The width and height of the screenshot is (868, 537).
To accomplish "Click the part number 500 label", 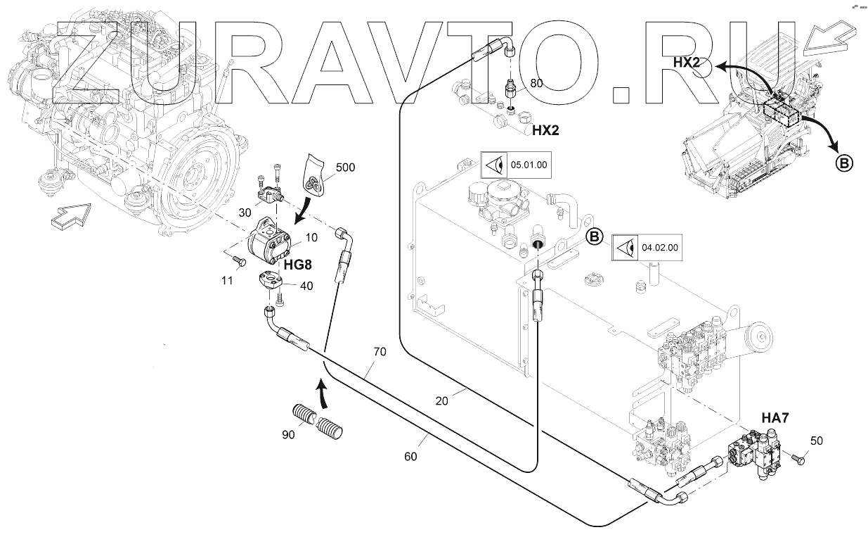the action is click(x=345, y=168).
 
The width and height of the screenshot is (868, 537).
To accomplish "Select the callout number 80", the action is click(x=536, y=84).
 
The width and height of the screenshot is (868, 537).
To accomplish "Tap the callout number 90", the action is click(x=288, y=435).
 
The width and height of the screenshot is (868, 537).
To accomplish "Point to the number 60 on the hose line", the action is click(x=410, y=457).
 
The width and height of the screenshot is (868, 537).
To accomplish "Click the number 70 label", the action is click(x=380, y=351).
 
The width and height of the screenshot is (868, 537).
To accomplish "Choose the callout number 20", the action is click(x=442, y=401).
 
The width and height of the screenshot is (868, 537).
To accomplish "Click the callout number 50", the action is click(x=817, y=441).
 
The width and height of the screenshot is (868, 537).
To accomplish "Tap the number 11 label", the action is click(x=227, y=280).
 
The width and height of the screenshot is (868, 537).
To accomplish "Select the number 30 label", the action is click(x=245, y=213).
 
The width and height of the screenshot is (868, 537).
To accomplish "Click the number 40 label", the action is click(x=306, y=286).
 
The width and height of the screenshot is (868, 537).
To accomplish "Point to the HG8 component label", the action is click(x=297, y=265).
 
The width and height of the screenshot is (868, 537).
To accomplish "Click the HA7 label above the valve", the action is click(x=775, y=418).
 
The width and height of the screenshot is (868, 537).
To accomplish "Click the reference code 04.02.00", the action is click(x=660, y=248).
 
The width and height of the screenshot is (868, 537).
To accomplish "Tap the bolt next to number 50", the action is click(x=796, y=459).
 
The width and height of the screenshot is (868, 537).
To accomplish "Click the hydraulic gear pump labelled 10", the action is click(x=269, y=241).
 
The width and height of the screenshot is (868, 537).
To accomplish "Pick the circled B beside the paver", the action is click(x=844, y=163).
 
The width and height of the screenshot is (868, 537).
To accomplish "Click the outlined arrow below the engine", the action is click(x=71, y=216).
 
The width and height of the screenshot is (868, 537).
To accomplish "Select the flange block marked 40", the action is click(x=271, y=281).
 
